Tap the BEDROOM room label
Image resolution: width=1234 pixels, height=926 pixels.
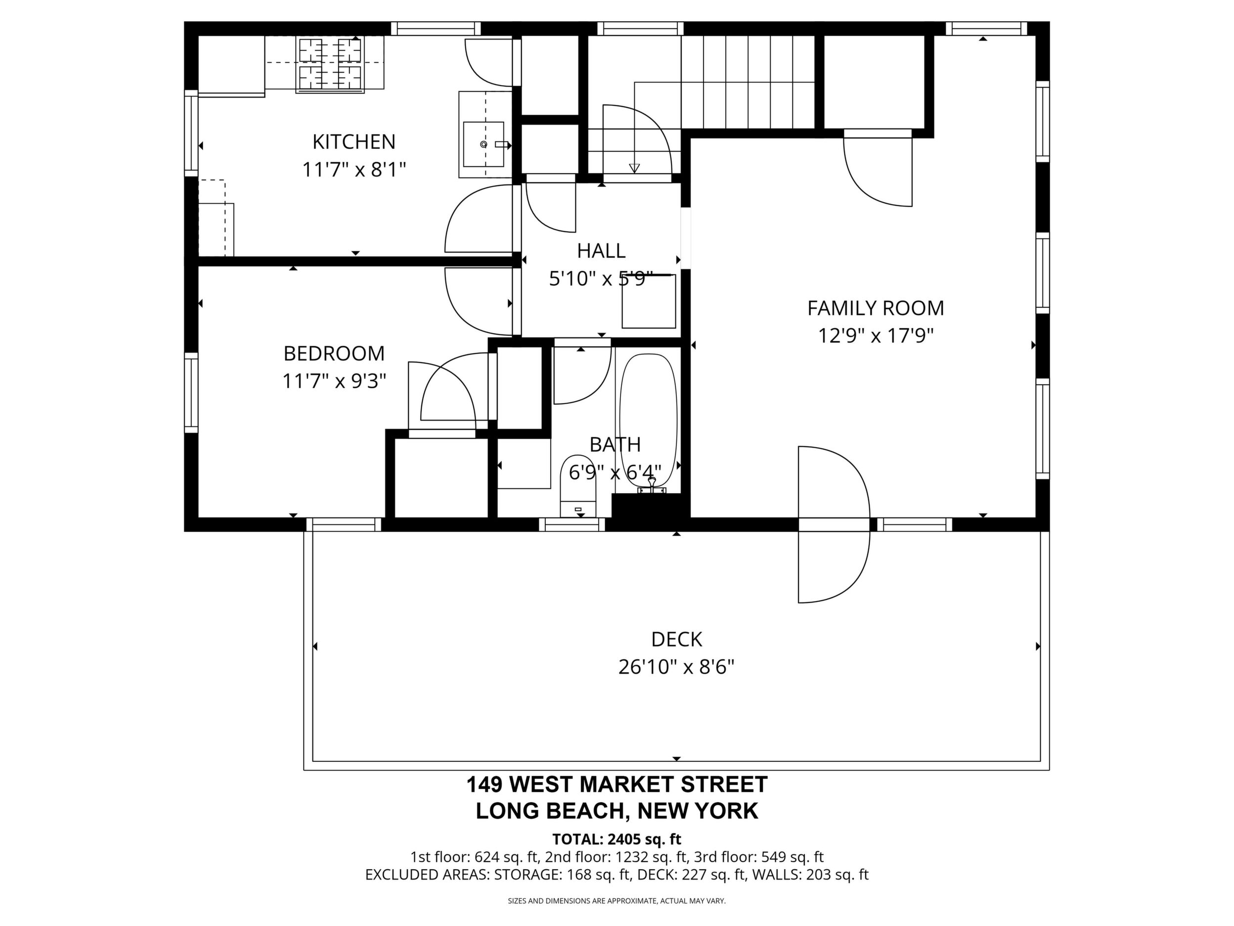pyautogui.click(x=334, y=353)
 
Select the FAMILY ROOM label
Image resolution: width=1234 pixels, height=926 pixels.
pyautogui.click(x=876, y=308)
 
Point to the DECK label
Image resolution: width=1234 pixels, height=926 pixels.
pyautogui.click(x=677, y=639)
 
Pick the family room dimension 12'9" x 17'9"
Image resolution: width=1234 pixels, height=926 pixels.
pyautogui.click(x=876, y=335)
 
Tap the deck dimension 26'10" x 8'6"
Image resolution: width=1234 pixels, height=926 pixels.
pyautogui.click(x=677, y=666)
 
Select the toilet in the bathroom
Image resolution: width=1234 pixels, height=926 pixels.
pyautogui.click(x=578, y=486)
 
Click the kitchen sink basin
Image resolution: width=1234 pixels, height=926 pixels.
pyautogui.click(x=484, y=144)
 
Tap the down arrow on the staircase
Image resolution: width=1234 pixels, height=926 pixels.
pyautogui.click(x=634, y=168)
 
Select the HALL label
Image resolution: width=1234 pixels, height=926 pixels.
pyautogui.click(x=601, y=251)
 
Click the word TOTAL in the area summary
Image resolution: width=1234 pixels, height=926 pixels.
pyautogui.click(x=575, y=839)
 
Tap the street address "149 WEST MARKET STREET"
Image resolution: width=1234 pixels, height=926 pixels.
pyautogui.click(x=617, y=784)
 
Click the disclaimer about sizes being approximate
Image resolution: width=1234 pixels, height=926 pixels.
pyautogui.click(x=617, y=900)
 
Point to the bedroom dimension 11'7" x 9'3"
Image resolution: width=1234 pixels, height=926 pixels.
pyautogui.click(x=334, y=381)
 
